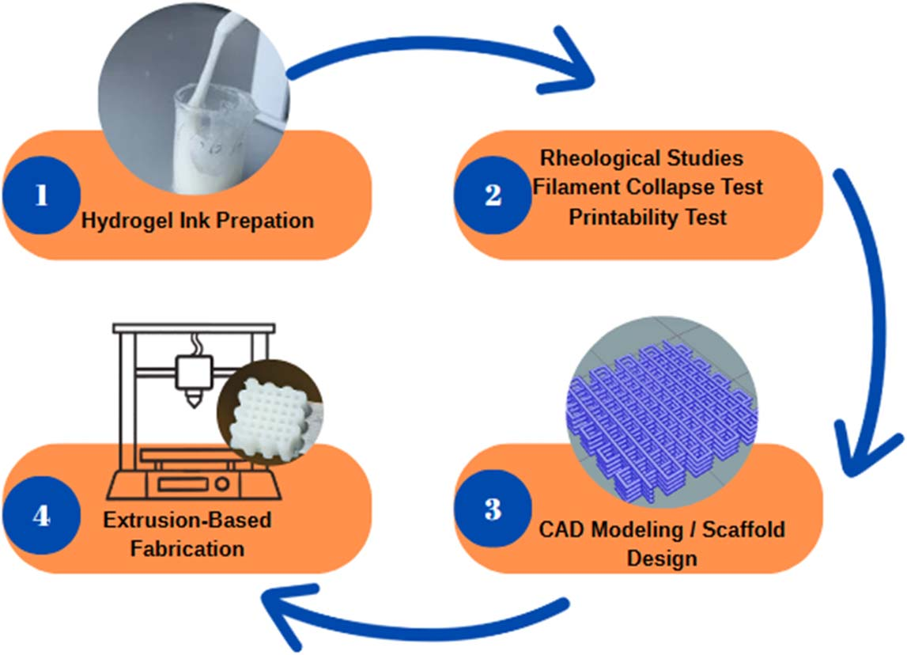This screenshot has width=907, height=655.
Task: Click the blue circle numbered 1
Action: pyautogui.click(x=41, y=195)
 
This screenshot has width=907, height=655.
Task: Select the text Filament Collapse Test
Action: pyautogui.click(x=648, y=187)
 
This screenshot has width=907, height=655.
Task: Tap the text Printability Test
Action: pyautogui.click(x=648, y=217)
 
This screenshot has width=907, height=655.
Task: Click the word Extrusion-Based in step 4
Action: pyautogui.click(x=187, y=521)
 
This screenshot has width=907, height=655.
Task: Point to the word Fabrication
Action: pyautogui.click(x=187, y=547)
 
